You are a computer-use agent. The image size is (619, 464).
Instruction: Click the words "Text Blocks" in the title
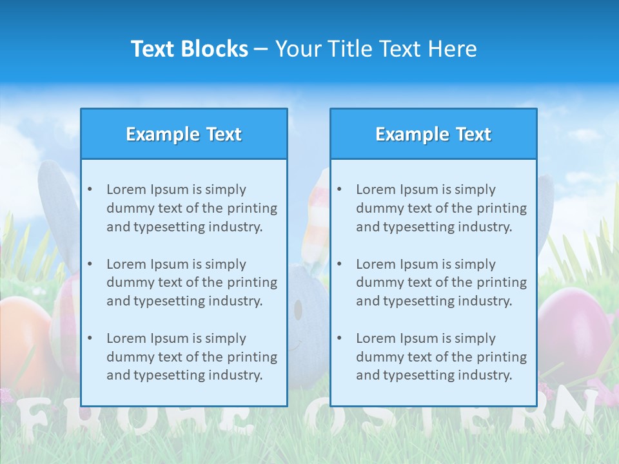coord(189,49)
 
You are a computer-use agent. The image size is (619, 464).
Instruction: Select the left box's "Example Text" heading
coord(184,134)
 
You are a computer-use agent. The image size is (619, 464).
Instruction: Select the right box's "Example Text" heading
coord(433,134)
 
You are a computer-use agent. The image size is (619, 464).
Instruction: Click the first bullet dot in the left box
coord(90,189)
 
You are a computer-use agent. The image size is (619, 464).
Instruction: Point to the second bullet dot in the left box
coord(90,264)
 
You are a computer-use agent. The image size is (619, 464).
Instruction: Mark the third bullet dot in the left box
coord(90,338)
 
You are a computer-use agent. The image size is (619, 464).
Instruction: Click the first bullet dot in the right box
coord(339,189)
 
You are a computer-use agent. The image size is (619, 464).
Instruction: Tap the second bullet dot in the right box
coord(339,264)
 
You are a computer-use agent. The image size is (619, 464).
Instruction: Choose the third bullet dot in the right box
coord(339,338)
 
